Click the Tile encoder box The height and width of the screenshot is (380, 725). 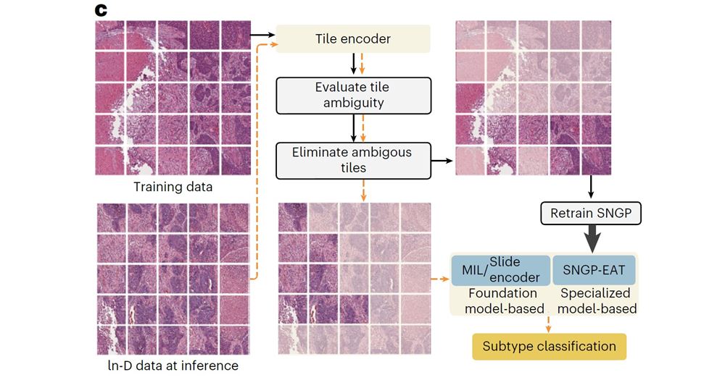pos(353,39)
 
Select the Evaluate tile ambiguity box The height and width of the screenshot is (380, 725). pos(353,96)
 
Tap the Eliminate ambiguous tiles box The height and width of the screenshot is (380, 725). pos(353,161)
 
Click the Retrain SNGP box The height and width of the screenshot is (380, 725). pos(591,214)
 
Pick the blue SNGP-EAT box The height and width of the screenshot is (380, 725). pos(594,270)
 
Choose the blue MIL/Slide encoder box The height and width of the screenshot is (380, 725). pos(501,270)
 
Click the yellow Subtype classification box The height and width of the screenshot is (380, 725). pos(549,346)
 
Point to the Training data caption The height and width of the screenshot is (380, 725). pos(173,187)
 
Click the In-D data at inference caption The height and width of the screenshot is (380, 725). pos(173,366)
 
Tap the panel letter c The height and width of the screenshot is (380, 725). pos(100,10)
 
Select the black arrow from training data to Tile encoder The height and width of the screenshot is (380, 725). pos(262,35)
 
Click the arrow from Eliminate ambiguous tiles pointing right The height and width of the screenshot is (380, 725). pos(442,161)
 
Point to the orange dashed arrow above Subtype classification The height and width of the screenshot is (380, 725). pos(548,324)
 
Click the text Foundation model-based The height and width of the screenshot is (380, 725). pos(503,300)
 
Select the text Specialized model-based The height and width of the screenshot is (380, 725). pos(597,300)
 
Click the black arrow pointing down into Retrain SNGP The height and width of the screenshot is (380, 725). pos(591,187)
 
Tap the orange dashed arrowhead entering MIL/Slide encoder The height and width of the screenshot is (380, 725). pos(446,279)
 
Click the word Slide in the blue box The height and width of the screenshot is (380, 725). pos(505,262)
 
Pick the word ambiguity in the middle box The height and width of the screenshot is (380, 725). pos(354,103)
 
